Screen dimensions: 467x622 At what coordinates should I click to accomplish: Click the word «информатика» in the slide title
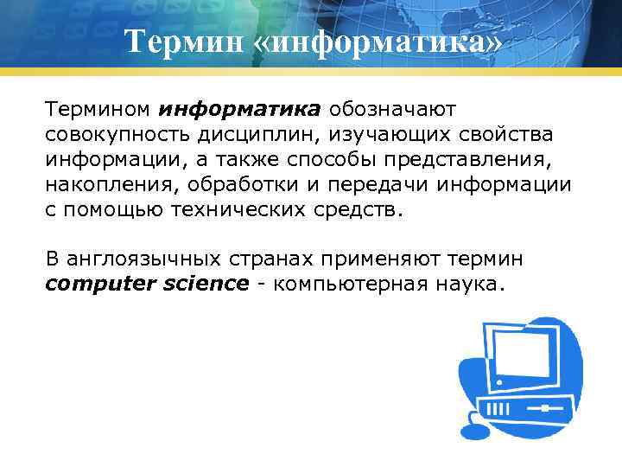point(378,42)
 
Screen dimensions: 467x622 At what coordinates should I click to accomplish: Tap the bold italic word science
point(207,284)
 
